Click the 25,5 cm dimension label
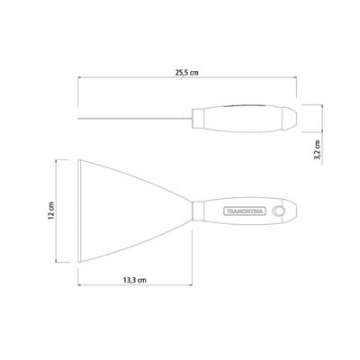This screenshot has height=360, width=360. pos(187,72)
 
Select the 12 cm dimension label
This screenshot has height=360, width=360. pos(51,211)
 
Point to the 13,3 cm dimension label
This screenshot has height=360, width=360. pos(135,280)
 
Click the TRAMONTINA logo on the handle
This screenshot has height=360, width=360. pos(245,211)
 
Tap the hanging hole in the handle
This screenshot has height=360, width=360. pos(279,211)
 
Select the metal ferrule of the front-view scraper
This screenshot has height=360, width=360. pos(198,211)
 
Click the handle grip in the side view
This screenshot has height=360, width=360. pos(243,119)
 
